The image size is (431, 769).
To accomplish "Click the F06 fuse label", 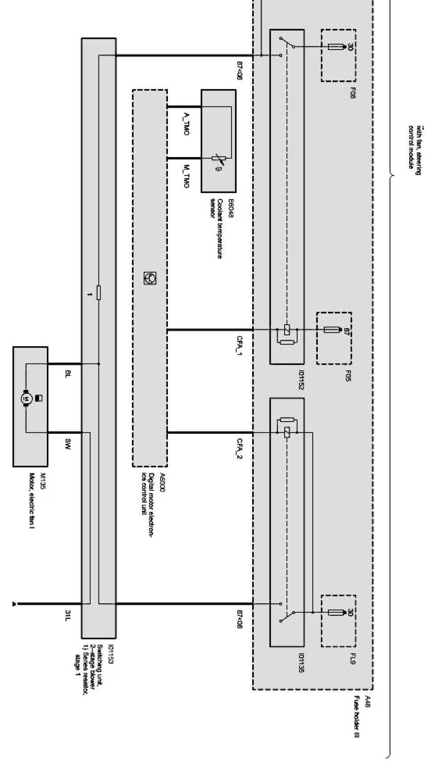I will pos(352,93).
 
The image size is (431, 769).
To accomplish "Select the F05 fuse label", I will pos(348,376).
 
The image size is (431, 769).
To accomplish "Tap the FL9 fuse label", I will pos(352,658).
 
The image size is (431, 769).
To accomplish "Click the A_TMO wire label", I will pos(186,125).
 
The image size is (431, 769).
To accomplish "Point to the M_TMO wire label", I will pos(186,176).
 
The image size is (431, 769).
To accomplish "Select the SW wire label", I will pos(68,443).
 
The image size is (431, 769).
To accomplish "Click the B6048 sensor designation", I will pos(231,205).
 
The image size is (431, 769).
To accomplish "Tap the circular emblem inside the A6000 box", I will pos(149,278).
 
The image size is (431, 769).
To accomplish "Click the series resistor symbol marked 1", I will pos(99,293).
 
